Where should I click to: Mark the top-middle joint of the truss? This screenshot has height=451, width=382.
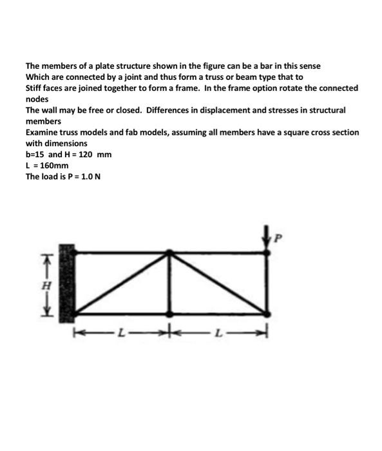pyautogui.click(x=169, y=252)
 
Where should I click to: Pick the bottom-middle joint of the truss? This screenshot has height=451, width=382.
pyautogui.click(x=169, y=314)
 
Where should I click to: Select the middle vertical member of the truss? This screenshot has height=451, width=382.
pyautogui.click(x=169, y=283)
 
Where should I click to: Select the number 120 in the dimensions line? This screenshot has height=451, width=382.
pyautogui.click(x=86, y=154)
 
